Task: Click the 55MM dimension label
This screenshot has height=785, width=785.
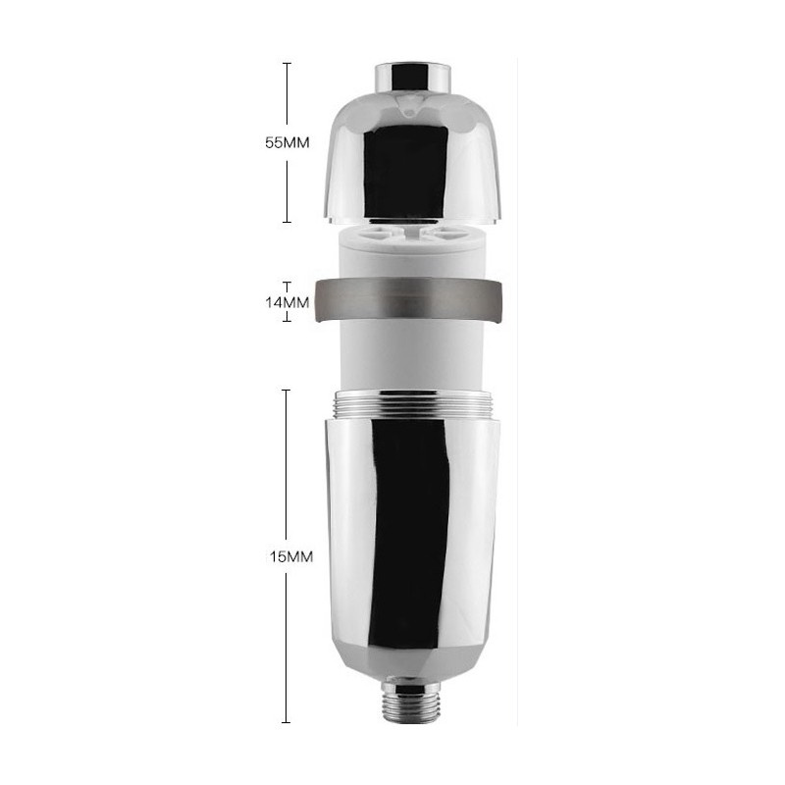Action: [287, 142]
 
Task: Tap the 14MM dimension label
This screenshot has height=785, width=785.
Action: [287, 302]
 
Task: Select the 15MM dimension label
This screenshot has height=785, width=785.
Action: [290, 556]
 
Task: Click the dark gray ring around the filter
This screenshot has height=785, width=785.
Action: [408, 300]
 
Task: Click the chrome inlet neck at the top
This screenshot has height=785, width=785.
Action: [413, 79]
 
